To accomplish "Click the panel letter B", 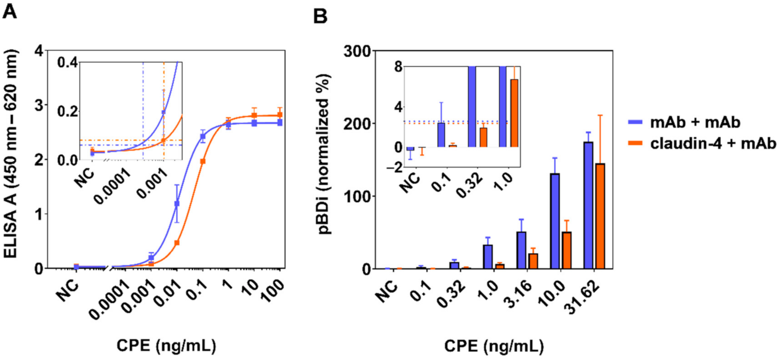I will pos(320,16).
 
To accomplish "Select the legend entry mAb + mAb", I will pos(695,122).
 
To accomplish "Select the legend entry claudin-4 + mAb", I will pos(713,144).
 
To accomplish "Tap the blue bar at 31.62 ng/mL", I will pos(589,205).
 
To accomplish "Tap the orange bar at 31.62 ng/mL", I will pos(600,216).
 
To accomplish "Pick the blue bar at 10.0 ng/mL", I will pos(555,221).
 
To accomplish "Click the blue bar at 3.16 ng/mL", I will pos(521,250).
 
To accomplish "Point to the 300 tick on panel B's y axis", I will pos(357,51).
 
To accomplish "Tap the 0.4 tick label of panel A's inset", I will pos(67,63).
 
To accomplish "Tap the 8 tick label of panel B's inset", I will pos(398,67).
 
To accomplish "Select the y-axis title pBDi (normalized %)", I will pos(324,154).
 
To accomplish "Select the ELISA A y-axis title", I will pos(11,154).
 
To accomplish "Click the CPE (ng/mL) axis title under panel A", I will pos(166,345).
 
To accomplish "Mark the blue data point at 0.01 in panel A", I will pos(177,204).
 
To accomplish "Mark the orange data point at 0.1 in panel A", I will pos(203,161).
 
